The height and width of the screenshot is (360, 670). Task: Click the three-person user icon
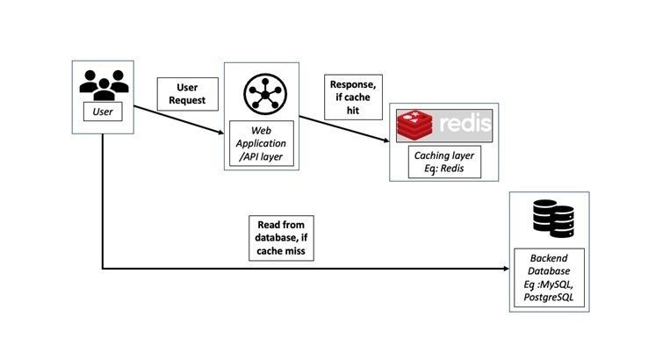(x=104, y=83)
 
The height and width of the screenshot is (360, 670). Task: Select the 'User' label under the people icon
(x=104, y=112)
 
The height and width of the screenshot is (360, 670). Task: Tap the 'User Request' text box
(x=187, y=93)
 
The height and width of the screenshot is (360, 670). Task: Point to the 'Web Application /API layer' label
(x=260, y=143)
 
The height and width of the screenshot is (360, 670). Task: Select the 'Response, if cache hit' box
(x=354, y=96)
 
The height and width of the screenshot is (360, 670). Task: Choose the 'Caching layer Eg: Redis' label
(x=436, y=162)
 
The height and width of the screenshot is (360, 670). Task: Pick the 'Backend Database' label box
(x=549, y=278)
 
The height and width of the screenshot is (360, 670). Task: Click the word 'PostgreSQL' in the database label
(x=550, y=298)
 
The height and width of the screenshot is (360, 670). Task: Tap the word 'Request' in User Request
(x=187, y=101)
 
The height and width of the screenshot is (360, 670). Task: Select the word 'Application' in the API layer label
(x=261, y=143)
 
